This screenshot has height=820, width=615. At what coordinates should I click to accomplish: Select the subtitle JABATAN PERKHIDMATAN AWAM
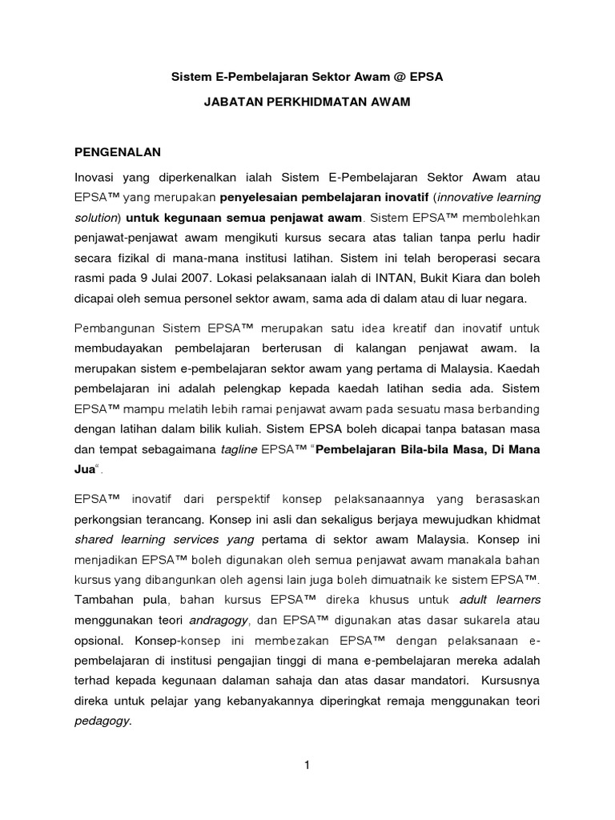coord(307,103)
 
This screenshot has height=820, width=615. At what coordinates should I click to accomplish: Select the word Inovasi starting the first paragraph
coord(97,176)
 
